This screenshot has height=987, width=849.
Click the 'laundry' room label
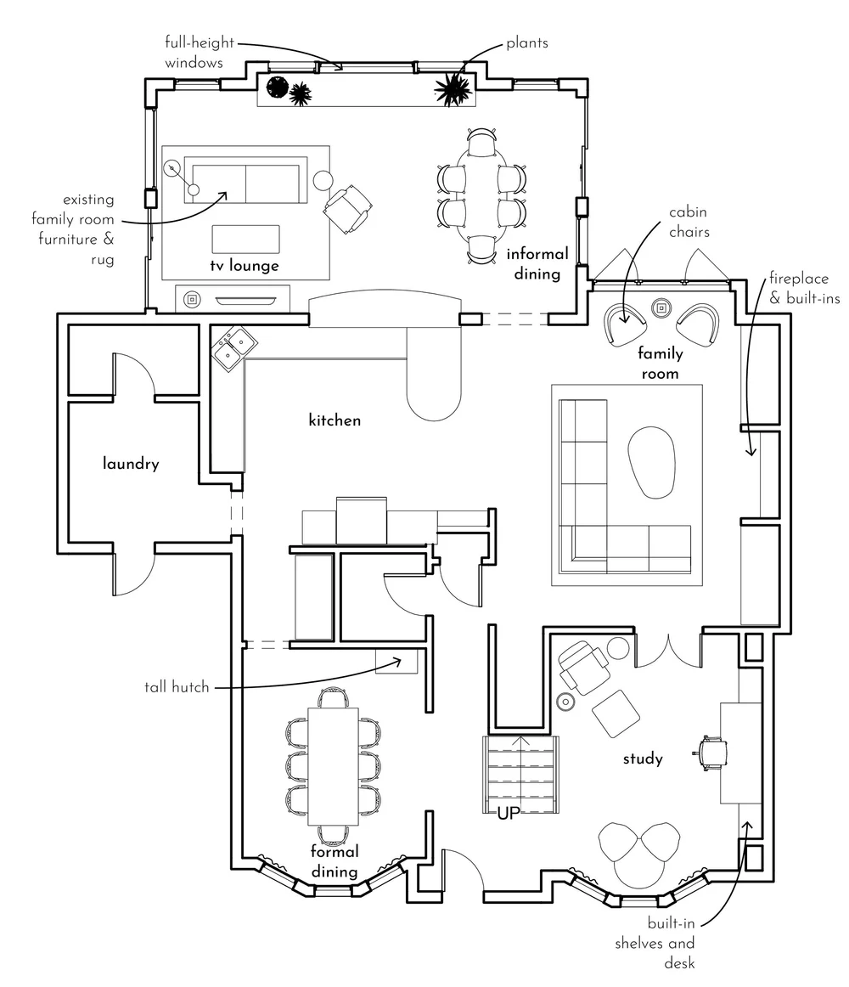pyautogui.click(x=131, y=465)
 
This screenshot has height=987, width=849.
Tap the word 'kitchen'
pyautogui.click(x=335, y=420)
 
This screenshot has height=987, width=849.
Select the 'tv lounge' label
pyautogui.click(x=245, y=266)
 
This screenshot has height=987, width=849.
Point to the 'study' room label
pyautogui.click(x=643, y=759)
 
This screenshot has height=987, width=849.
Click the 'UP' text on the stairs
pyautogui.click(x=509, y=813)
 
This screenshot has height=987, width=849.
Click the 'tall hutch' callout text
pyautogui.click(x=177, y=687)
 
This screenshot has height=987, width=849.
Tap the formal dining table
pyautogui.click(x=332, y=764)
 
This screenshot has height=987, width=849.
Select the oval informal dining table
pyautogui.click(x=481, y=195)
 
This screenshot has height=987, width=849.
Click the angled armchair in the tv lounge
pyautogui.click(x=347, y=206)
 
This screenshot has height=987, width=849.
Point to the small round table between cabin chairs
pyautogui.click(x=661, y=307)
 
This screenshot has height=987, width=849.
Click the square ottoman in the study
pyautogui.click(x=616, y=713)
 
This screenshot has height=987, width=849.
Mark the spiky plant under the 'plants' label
pyautogui.click(x=453, y=87)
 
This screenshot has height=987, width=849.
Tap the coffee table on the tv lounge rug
pyautogui.click(x=245, y=240)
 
